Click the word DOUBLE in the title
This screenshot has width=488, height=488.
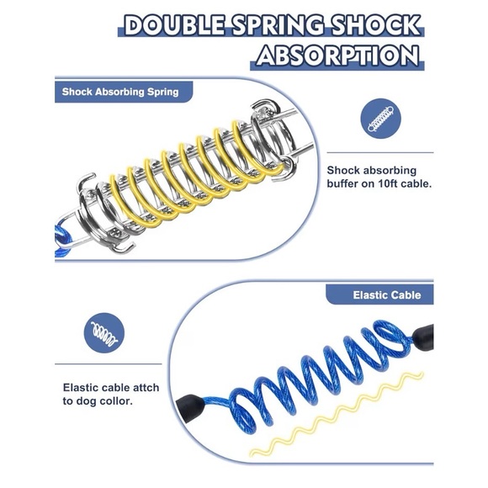tap(175, 25)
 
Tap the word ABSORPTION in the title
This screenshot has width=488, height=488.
tap(337, 56)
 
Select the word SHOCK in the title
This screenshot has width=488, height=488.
tap(375, 25)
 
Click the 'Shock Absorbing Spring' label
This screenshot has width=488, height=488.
tap(120, 92)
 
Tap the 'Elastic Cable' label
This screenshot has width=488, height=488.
tap(387, 294)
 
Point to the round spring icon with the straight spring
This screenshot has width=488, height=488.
tap(381, 119)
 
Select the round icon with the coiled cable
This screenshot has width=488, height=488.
tap(104, 333)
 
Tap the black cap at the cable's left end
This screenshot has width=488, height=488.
tap(190, 407)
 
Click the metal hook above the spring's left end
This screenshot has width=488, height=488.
tap(86, 181)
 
